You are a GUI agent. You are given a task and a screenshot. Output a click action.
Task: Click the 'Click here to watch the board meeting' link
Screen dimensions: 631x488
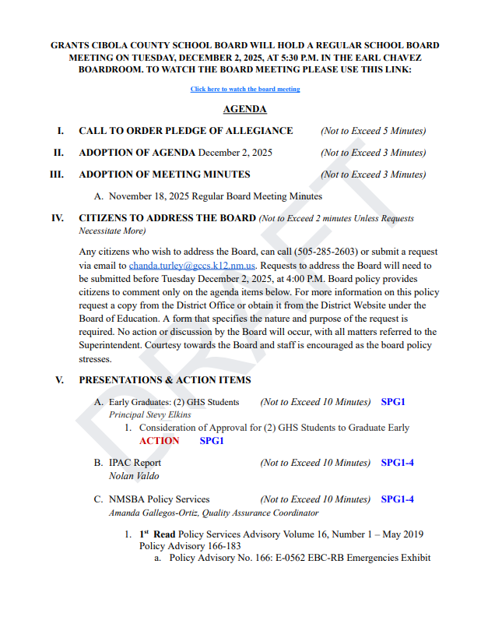pos(244,90)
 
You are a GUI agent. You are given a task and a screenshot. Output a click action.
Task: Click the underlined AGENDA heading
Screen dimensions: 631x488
pos(244,110)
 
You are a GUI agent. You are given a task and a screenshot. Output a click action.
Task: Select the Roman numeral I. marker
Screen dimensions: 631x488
pos(60,131)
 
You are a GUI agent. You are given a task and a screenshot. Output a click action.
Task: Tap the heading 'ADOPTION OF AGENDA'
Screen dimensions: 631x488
pos(137,153)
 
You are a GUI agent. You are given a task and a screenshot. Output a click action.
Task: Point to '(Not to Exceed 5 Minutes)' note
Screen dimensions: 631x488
pos(373,131)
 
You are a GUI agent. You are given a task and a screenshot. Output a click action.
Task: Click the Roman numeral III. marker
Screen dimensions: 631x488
pos(56,174)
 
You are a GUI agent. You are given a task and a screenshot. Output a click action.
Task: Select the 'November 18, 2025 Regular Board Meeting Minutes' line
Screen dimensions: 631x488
pos(215,196)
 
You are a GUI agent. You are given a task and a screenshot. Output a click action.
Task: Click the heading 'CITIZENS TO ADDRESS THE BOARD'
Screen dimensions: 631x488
pos(167,218)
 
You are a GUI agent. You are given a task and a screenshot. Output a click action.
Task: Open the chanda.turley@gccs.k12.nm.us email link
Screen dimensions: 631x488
pos(191,266)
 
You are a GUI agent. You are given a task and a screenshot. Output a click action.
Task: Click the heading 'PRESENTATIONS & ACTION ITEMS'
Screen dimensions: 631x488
pos(164,380)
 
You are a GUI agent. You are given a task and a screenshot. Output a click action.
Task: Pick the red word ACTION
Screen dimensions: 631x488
pos(159,441)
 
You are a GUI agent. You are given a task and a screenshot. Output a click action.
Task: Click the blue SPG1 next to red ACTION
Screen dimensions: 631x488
pos(212,441)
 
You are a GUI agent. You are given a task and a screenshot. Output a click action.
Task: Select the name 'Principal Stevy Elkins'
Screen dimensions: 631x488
pos(149,414)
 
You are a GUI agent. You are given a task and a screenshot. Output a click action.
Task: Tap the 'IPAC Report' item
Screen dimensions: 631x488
pos(135,463)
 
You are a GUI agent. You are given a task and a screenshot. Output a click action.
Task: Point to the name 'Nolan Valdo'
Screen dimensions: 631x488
pos(134,476)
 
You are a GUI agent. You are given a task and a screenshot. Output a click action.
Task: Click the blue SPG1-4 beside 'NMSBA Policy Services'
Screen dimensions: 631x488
pos(397,499)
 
